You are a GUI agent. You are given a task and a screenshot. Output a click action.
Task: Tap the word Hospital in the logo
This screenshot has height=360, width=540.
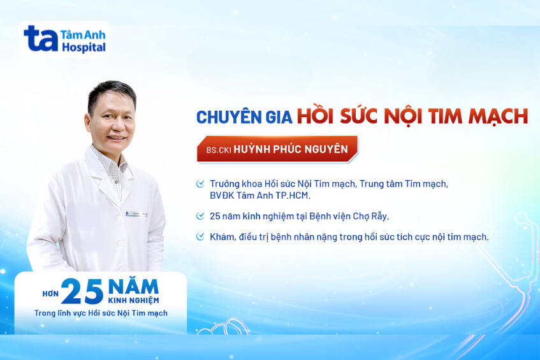coord(84,48)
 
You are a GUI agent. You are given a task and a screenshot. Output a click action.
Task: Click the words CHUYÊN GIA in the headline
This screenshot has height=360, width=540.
coord(244,118)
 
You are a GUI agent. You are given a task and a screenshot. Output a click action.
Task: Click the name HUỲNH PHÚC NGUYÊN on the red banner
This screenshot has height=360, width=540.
coord(291,149)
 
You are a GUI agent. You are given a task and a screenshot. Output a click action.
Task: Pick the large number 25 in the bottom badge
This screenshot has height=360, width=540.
coord(82,291)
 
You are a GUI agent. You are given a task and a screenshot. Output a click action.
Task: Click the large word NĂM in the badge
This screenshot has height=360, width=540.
coord(133,285)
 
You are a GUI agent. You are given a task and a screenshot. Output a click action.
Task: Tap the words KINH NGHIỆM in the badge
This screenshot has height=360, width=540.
coord(133,299)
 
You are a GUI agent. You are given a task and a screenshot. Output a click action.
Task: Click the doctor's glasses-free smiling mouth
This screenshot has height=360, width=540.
coord(116,136)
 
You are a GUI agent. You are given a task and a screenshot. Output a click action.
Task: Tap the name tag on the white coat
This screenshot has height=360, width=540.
coord(136,213)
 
